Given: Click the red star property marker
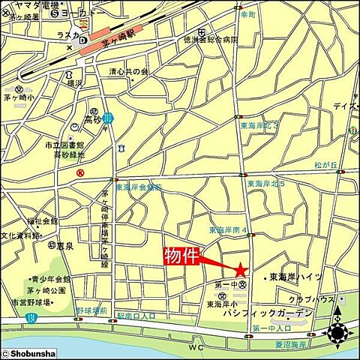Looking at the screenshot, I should pyautogui.click(x=240, y=270).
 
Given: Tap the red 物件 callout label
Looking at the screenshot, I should pyautogui.click(x=181, y=256).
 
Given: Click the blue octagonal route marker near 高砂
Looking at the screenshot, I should pyautogui.click(x=109, y=118).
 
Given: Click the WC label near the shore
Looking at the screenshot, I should pyautogui.click(x=196, y=348).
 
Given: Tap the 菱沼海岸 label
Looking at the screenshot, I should pyautogui.click(x=292, y=344).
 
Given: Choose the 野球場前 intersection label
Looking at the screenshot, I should pyautogui.click(x=91, y=310).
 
